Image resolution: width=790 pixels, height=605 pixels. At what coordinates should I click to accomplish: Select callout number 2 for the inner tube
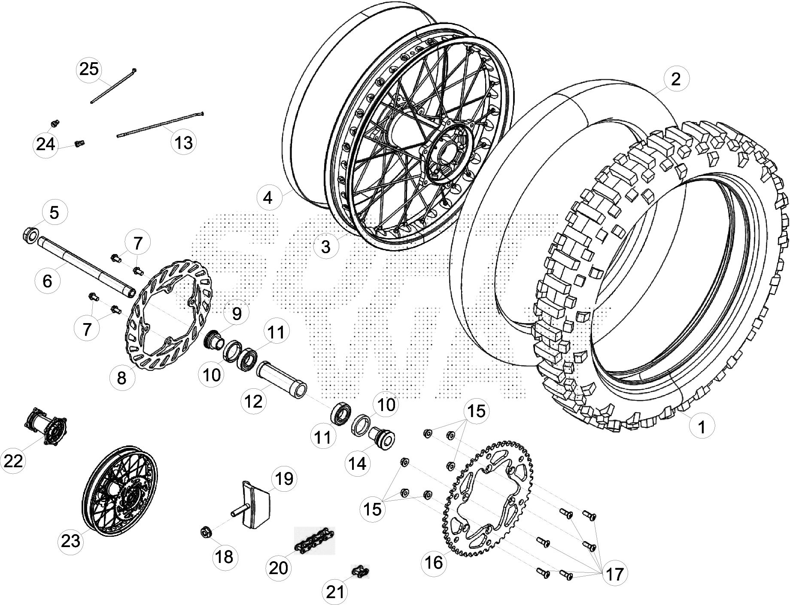[x=675, y=79]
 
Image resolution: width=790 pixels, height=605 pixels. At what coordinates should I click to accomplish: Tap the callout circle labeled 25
[x=89, y=69]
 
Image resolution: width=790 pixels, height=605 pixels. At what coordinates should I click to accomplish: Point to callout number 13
[x=184, y=142]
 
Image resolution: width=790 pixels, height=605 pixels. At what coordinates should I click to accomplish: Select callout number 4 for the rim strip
[x=268, y=198]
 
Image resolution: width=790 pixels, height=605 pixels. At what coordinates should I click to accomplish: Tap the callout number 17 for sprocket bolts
[x=614, y=573]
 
